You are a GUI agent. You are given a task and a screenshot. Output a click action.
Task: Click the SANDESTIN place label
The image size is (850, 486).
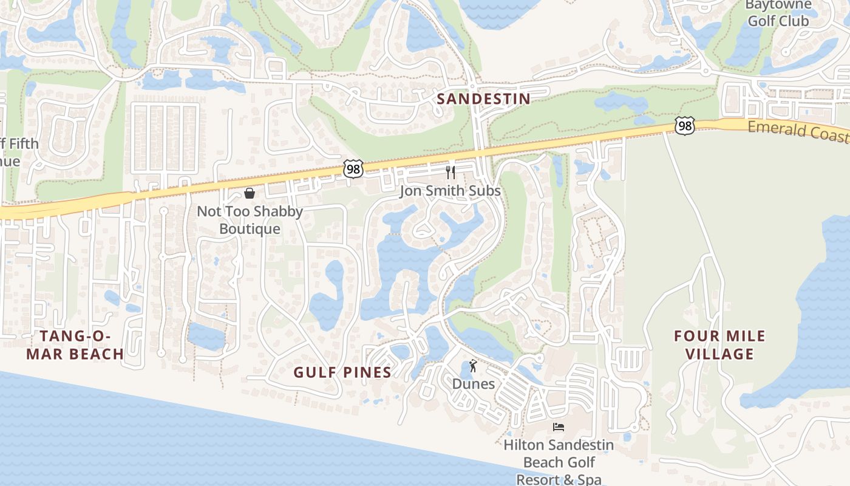tap(483, 98)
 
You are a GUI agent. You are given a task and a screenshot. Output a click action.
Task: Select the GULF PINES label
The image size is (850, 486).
tap(342, 372)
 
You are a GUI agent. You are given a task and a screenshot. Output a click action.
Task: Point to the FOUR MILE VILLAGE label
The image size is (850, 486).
tap(720, 344)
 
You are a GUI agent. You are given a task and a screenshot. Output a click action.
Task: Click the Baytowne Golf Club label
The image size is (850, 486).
tap(778, 13)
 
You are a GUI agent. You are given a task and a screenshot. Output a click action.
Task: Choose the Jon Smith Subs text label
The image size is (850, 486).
tap(450, 191)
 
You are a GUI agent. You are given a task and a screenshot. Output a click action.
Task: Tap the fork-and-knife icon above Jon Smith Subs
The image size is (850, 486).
tap(450, 172)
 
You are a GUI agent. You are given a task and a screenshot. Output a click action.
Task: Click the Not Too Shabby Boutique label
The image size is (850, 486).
tap(250, 220)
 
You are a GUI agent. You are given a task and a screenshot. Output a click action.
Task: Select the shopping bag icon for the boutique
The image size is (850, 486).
tap(249, 193)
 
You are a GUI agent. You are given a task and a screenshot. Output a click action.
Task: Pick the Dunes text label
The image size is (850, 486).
tap(474, 384)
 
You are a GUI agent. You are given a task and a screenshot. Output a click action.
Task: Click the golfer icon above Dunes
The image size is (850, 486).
tap(474, 366)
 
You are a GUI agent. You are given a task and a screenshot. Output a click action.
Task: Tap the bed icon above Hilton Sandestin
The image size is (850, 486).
tap(559, 426)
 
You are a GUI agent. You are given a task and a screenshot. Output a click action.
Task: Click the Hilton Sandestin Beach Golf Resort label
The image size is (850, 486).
tap(559, 462)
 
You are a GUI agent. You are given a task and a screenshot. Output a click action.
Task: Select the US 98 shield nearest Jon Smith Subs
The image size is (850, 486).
tap(353, 169)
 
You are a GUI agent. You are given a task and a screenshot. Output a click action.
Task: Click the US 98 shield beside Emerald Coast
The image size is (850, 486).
tap(684, 126)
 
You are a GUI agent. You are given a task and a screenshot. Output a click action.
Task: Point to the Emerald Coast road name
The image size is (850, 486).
tap(798, 131)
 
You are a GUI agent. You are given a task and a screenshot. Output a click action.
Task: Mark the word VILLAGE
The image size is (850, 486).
tap(720, 354)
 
